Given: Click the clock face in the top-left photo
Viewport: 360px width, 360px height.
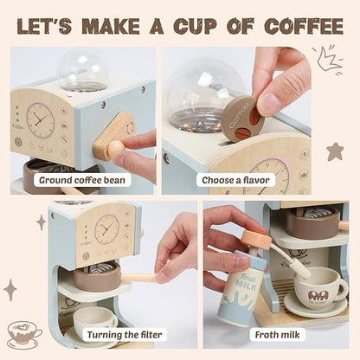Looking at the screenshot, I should click(40, 120).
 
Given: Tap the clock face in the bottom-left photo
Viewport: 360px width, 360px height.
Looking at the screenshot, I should click(106, 229).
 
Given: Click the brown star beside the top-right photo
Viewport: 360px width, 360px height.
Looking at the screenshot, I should click(334, 151).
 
